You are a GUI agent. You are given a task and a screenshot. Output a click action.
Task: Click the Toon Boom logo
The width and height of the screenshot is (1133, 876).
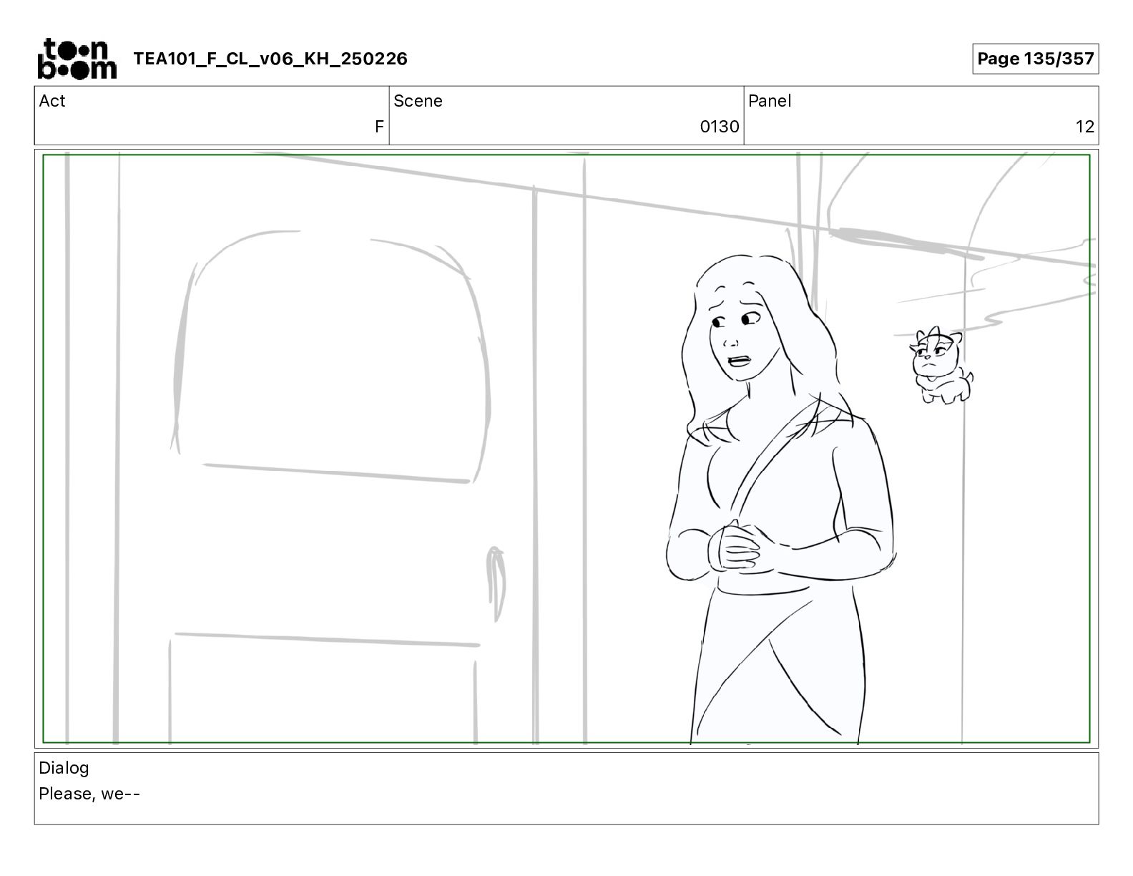77,59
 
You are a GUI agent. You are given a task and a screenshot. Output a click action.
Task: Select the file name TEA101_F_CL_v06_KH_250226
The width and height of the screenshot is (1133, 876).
270,59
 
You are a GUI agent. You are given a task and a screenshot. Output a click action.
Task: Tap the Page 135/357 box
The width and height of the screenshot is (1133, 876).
1035,59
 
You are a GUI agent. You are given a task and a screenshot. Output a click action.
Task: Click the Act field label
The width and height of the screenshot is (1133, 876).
52,101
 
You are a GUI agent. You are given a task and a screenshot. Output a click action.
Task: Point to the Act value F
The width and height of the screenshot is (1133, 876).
379,126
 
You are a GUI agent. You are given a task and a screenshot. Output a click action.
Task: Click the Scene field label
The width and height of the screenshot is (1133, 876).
418,101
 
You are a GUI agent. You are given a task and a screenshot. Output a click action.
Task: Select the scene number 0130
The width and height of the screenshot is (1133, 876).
719,126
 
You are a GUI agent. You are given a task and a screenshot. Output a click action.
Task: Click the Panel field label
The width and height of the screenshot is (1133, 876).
769,101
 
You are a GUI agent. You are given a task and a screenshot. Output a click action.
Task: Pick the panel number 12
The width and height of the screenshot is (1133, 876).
1084,126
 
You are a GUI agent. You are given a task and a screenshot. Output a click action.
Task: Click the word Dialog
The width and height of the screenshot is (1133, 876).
64,768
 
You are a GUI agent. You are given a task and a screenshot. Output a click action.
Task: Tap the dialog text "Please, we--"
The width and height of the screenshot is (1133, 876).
89,794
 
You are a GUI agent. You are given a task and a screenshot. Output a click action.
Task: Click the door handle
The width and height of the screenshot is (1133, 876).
496,583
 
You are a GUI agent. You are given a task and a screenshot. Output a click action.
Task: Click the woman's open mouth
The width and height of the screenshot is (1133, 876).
740,361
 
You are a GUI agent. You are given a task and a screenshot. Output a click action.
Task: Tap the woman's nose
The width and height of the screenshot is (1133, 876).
730,341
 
